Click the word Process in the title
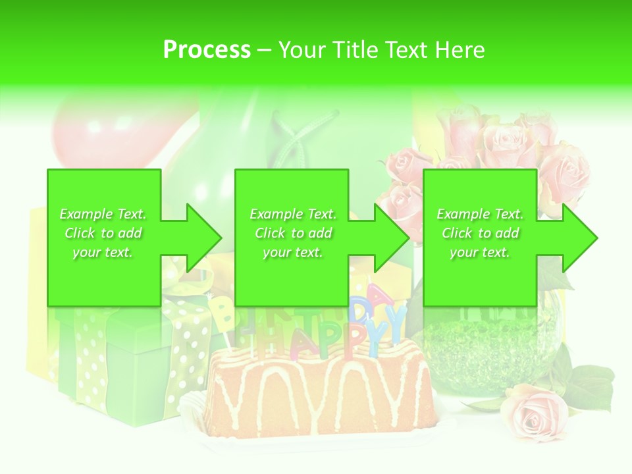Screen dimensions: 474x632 pos(207,50)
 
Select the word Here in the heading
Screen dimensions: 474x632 pos(460,50)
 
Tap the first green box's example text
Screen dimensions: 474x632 pos(103,233)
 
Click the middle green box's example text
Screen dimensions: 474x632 pos(292,233)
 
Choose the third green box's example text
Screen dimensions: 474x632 pos(480,233)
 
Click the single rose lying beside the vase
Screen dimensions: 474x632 pos(533,412)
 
